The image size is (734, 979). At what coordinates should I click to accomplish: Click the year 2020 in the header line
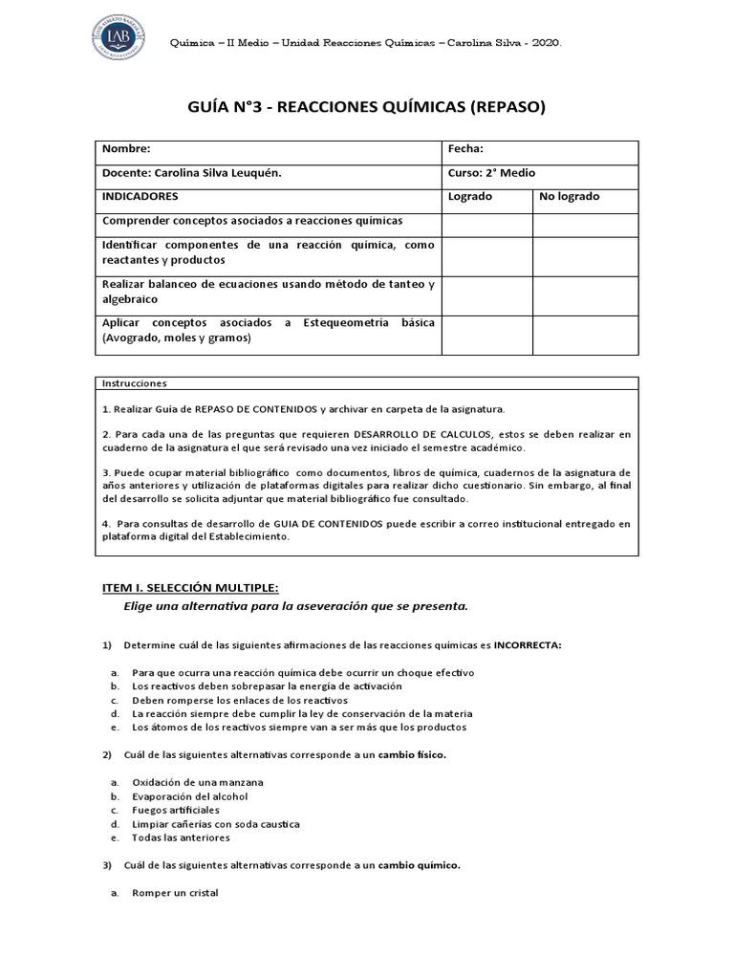546,44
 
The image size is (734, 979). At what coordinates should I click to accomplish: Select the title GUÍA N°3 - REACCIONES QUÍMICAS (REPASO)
367,107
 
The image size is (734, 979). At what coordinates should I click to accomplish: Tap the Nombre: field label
126,149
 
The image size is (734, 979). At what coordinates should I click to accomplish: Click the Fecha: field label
465,149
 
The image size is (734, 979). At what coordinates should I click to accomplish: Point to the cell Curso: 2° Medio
491,173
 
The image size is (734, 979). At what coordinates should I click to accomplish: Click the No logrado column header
570,197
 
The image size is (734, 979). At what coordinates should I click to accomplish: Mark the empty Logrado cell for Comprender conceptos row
486,226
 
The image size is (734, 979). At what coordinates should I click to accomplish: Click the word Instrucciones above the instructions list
133,383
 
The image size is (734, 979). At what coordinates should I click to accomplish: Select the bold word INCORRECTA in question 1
528,645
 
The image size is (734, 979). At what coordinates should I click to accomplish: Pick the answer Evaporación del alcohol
190,796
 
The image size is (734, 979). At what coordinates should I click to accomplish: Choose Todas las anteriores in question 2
181,838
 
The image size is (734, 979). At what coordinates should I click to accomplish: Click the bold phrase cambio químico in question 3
419,865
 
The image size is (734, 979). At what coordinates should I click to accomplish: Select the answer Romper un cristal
175,893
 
